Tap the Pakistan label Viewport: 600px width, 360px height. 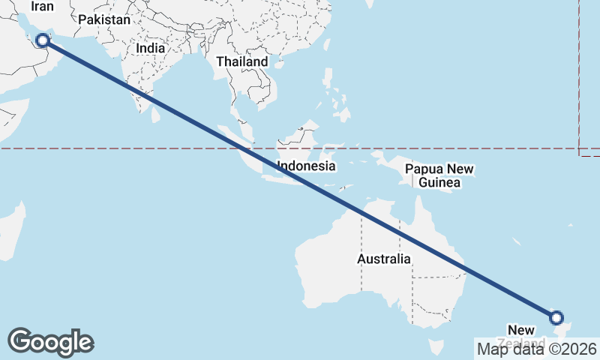pos(104,20)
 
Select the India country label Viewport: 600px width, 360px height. pos(151,48)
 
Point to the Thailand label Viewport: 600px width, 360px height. pos(241,61)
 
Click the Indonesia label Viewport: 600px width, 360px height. pos(306,166)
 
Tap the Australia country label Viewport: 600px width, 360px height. pos(383,259)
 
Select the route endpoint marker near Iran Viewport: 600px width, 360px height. pos(43,40)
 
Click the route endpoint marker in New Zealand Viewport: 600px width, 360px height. pos(556,318)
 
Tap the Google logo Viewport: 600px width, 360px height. pos(50,342)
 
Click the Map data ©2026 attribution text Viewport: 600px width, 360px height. pos(537,349)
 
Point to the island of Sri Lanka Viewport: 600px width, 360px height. pos(156,115)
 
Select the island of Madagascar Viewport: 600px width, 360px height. pos(10,232)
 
